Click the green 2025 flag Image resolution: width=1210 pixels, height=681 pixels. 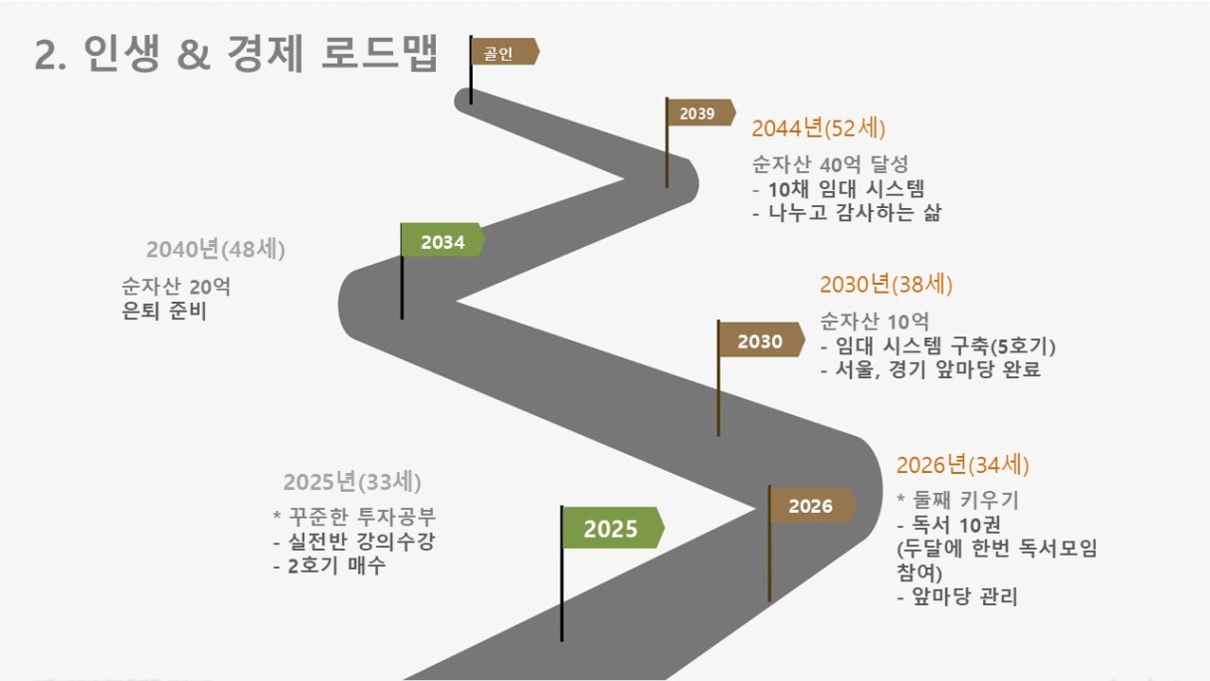click(x=613, y=528)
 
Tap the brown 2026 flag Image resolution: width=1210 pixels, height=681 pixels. click(x=812, y=506)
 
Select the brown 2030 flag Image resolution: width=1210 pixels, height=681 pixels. click(x=761, y=340)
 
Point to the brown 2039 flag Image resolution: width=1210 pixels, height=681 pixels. click(x=701, y=113)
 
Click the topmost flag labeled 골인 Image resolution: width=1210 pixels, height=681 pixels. click(x=504, y=52)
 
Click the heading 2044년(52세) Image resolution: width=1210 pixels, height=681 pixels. click(x=818, y=128)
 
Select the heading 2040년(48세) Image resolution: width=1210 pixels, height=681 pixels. click(x=216, y=249)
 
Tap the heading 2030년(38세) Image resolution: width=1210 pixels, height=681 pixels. click(x=886, y=285)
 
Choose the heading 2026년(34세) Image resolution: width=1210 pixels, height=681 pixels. click(x=962, y=465)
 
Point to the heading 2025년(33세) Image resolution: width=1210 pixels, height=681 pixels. click(x=352, y=482)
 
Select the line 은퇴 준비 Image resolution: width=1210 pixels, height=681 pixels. click(x=164, y=311)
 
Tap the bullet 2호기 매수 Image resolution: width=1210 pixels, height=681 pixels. click(x=329, y=566)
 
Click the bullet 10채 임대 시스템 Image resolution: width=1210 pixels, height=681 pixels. click(x=839, y=188)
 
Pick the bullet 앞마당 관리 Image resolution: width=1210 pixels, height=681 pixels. click(x=957, y=596)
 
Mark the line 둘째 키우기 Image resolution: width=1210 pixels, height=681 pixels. click(x=957, y=500)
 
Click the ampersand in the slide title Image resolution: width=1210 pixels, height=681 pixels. click(x=193, y=55)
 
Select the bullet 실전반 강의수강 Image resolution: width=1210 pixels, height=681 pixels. click(x=354, y=541)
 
